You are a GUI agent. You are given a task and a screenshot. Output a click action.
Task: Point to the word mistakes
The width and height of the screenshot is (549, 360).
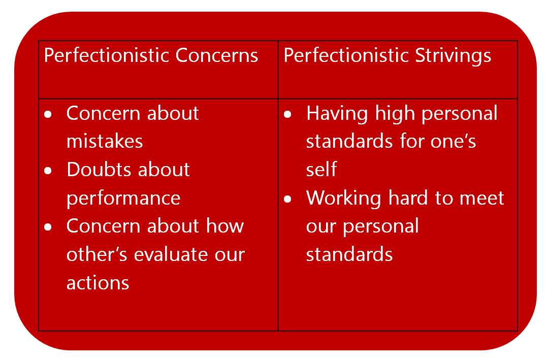(105, 141)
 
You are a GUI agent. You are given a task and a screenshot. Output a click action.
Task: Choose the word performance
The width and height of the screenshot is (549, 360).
(123, 198)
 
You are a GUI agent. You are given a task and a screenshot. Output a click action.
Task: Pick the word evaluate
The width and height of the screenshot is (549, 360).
(184, 254)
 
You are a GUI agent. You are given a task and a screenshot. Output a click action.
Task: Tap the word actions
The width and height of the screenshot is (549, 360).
(98, 282)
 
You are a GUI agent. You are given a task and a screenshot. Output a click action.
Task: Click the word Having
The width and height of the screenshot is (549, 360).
(337, 113)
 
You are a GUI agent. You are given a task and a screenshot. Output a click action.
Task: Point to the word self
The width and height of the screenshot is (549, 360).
(321, 170)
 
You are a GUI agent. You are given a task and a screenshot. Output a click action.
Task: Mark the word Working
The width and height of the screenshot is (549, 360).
(343, 198)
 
